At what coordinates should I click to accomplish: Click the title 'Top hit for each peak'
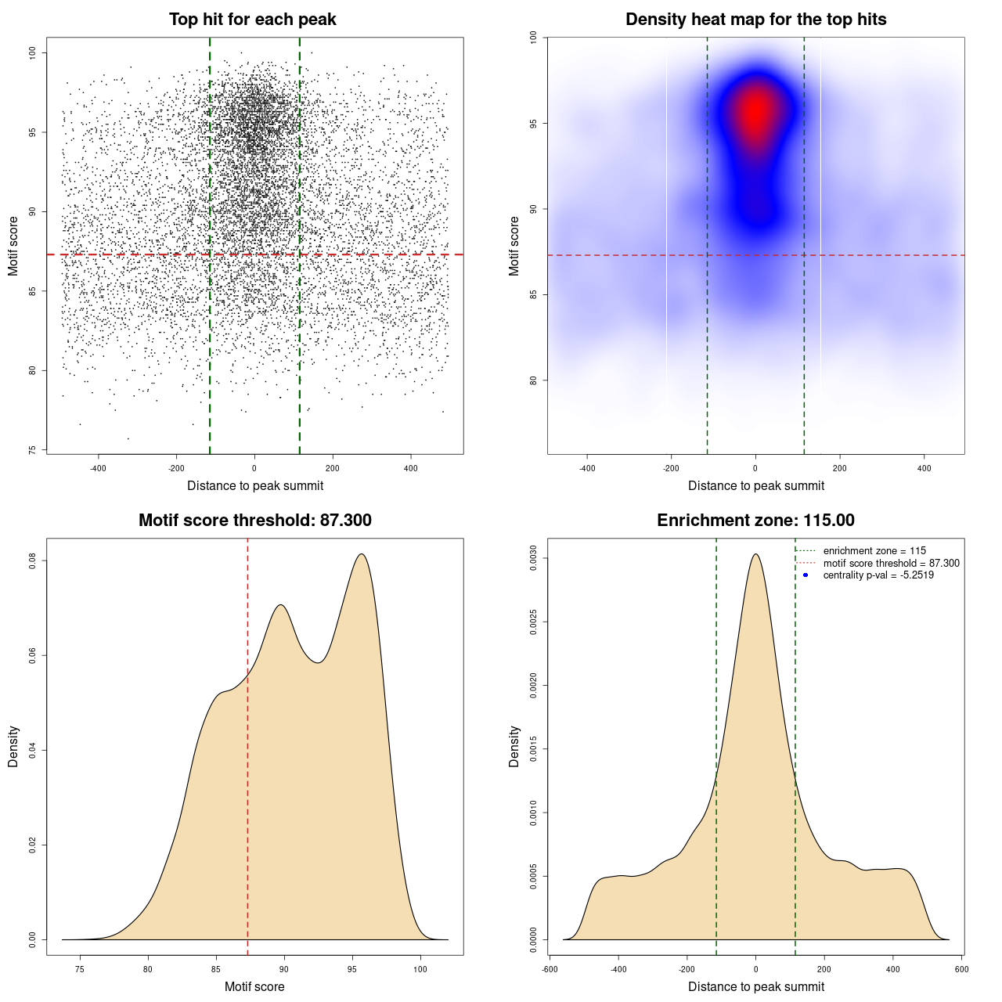click(x=252, y=20)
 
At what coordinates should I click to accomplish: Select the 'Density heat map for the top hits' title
click(x=755, y=20)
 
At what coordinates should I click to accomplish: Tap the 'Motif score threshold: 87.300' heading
click(x=254, y=521)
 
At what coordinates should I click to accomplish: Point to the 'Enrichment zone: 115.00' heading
click(x=755, y=521)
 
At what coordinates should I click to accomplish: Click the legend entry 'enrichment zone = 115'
click(x=874, y=551)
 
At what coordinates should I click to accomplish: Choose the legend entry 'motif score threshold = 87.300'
click(x=891, y=563)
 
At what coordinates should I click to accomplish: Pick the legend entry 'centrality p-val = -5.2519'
click(x=878, y=575)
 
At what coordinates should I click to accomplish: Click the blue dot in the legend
click(x=806, y=575)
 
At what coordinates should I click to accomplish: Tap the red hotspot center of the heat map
click(x=755, y=111)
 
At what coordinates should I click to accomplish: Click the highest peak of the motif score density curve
click(x=362, y=554)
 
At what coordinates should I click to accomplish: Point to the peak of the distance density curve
click(x=755, y=554)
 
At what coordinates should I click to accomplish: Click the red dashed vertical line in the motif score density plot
click(x=247, y=744)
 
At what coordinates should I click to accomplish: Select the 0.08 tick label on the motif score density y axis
click(x=33, y=560)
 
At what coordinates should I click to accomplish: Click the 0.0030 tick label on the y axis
click(x=534, y=558)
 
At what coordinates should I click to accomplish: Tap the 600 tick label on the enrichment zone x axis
click(x=962, y=969)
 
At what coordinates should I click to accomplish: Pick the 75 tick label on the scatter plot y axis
click(x=33, y=450)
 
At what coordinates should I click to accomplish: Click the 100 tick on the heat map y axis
click(x=534, y=36)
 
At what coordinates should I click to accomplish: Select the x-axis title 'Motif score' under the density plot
click(x=254, y=986)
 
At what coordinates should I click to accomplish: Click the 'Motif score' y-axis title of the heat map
click(x=514, y=246)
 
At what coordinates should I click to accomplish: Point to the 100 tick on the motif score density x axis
click(x=420, y=969)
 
